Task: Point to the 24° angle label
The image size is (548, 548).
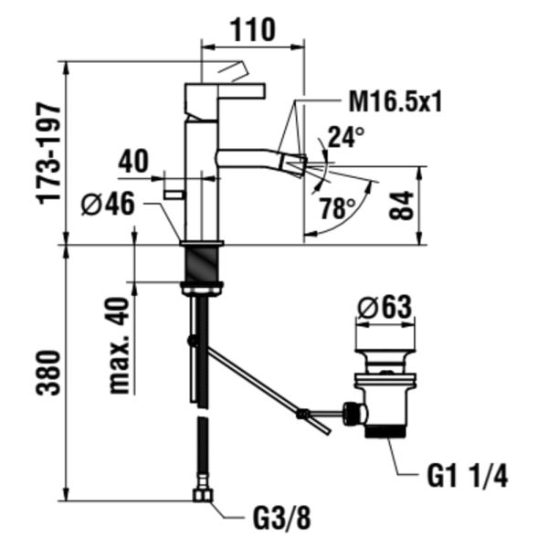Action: pyautogui.click(x=346, y=138)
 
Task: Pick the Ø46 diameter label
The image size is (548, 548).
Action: pyautogui.click(x=108, y=205)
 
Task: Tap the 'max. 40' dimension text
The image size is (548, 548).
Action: pyautogui.click(x=119, y=345)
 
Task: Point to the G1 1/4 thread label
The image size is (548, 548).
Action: pyautogui.click(x=467, y=476)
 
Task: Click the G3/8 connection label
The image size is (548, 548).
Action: pyautogui.click(x=279, y=519)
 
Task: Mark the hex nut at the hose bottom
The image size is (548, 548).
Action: pyautogui.click(x=202, y=496)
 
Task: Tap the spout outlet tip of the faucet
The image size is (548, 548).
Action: pyautogui.click(x=292, y=163)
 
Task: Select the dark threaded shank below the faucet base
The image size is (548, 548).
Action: pyautogui.click(x=202, y=265)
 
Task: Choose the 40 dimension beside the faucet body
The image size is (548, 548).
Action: pyautogui.click(x=133, y=162)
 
